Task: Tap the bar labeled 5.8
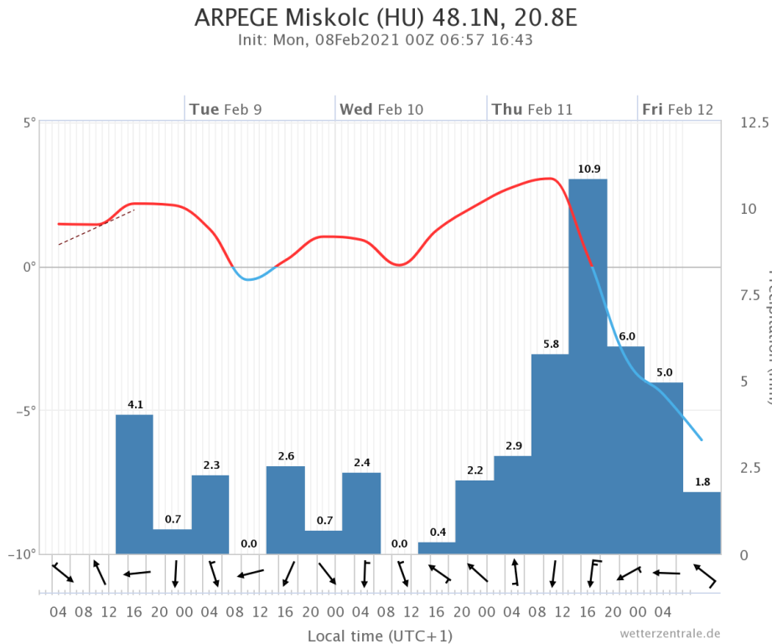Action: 550,454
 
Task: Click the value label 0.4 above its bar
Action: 438,532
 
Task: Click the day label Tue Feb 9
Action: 225,110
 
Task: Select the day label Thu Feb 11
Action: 532,110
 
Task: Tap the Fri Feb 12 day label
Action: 677,110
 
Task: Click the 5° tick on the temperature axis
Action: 30,122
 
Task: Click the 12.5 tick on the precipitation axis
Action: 754,122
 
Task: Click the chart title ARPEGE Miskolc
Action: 386,18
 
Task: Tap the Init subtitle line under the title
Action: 386,39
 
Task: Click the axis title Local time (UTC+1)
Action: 380,636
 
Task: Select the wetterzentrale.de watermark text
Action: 670,633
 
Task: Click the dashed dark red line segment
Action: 96,227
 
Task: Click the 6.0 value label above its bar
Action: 626,336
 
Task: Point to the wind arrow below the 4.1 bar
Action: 137,574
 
